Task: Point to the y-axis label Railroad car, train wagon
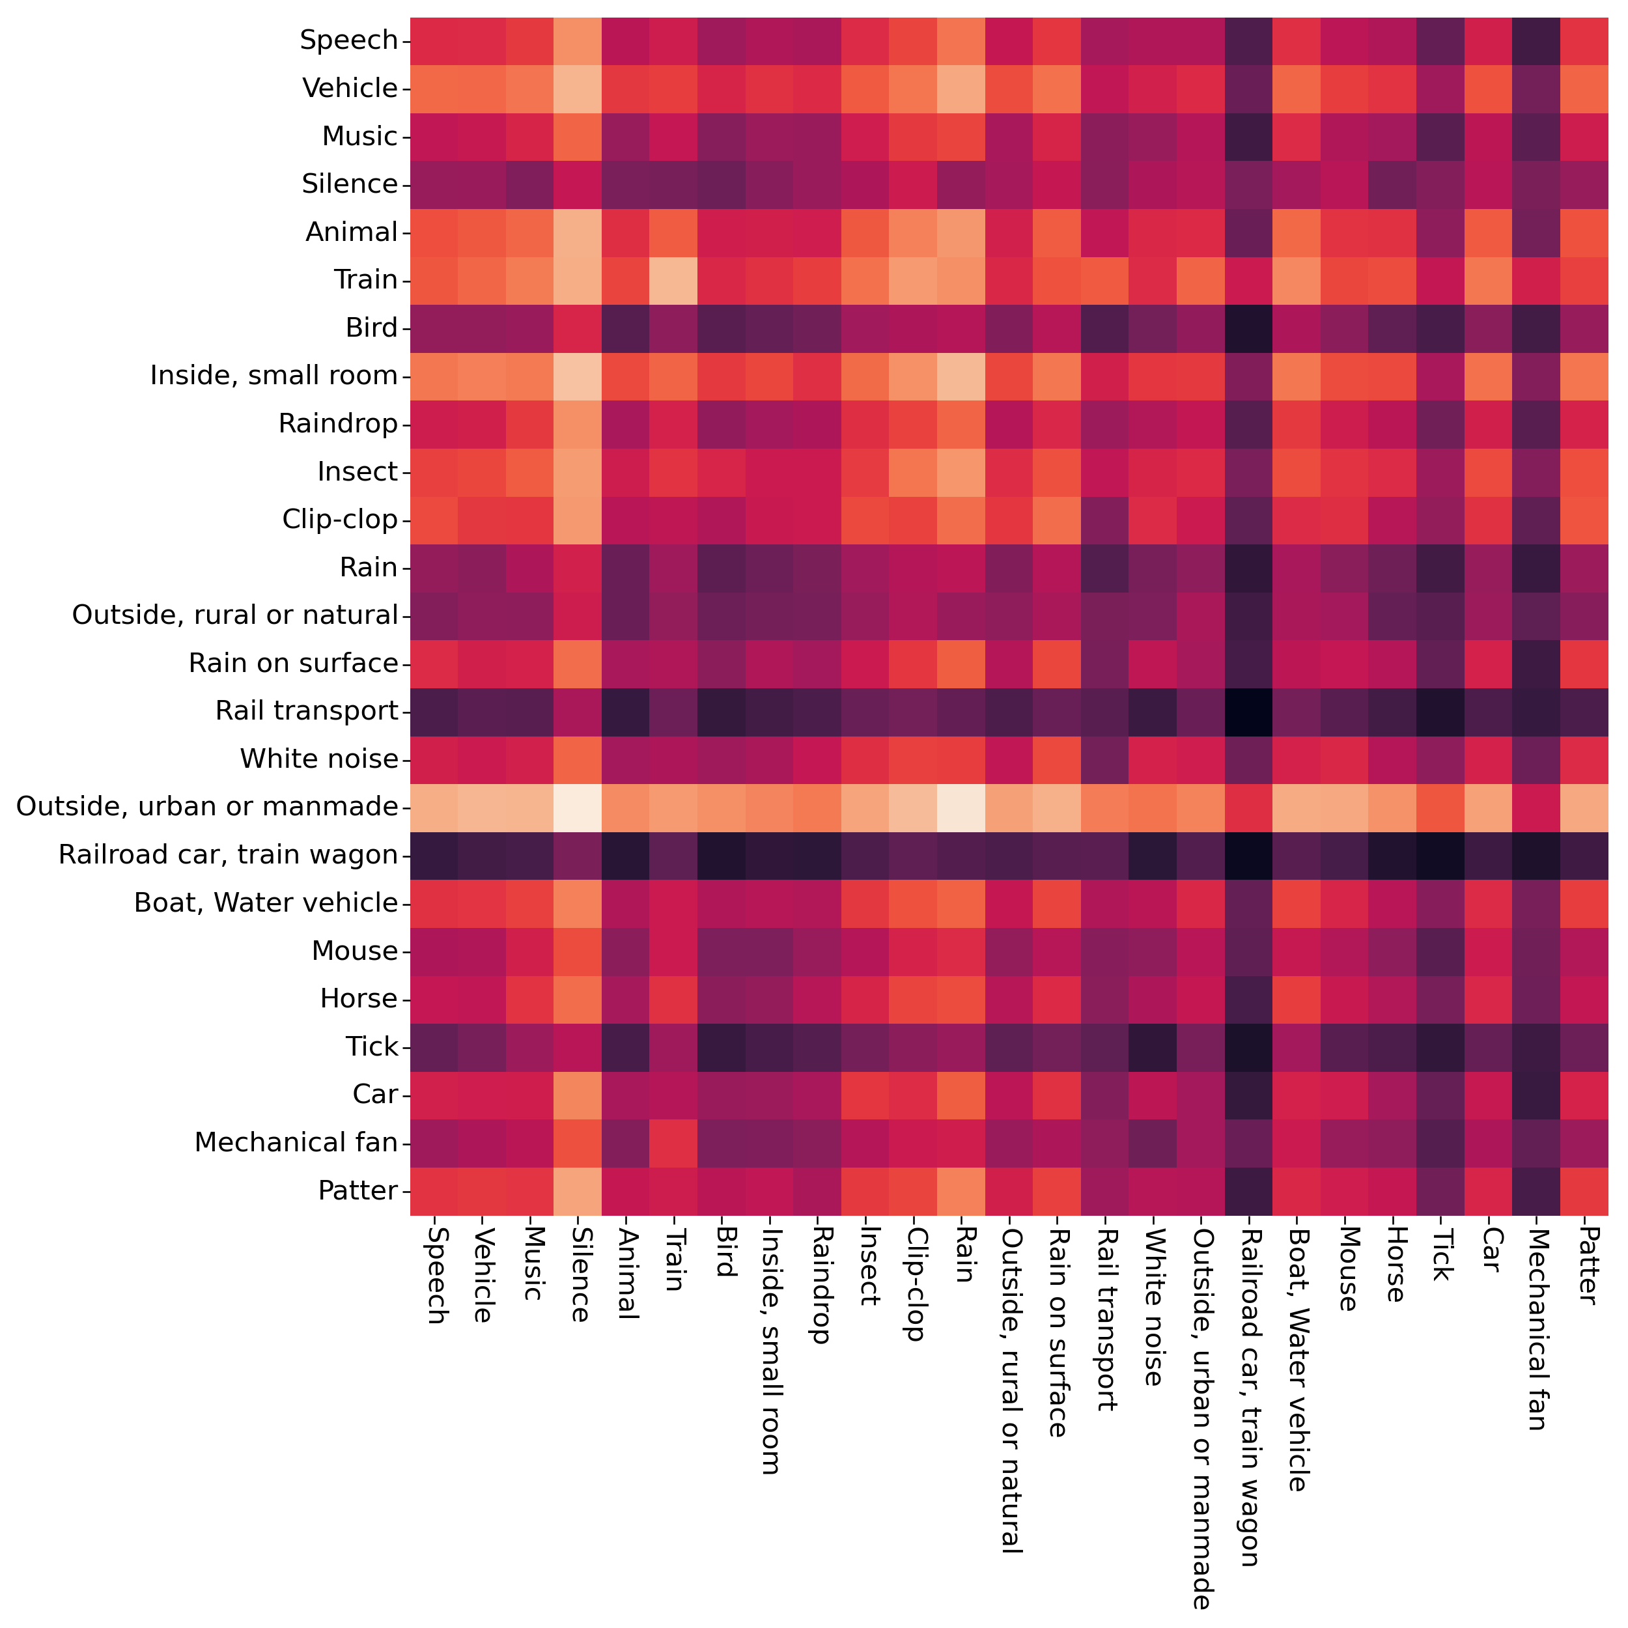pyautogui.click(x=227, y=855)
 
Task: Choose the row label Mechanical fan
pyautogui.click(x=296, y=1143)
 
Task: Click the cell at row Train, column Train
pyautogui.click(x=673, y=281)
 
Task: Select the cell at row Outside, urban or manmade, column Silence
pyautogui.click(x=578, y=807)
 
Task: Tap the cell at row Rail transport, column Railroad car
pyautogui.click(x=1249, y=711)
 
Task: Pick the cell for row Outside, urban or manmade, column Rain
pyautogui.click(x=961, y=807)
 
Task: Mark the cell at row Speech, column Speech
pyautogui.click(x=434, y=40)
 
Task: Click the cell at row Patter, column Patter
pyautogui.click(x=1585, y=1190)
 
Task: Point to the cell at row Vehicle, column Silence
pyautogui.click(x=578, y=89)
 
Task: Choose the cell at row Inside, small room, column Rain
pyautogui.click(x=961, y=376)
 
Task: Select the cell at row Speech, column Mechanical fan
pyautogui.click(x=1537, y=40)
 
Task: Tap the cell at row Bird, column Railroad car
pyautogui.click(x=1249, y=328)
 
